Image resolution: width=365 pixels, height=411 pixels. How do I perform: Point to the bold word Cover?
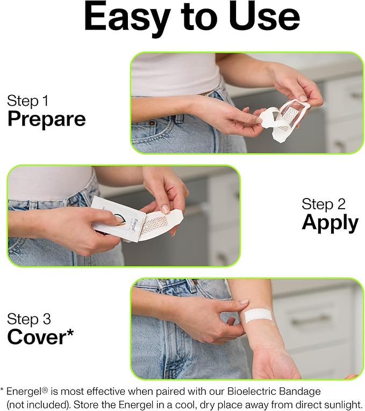pos(36,336)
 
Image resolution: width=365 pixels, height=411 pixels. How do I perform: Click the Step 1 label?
pos(28,101)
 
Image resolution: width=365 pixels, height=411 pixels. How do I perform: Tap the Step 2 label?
pos(324,204)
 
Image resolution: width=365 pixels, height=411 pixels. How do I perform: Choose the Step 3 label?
pos(29,319)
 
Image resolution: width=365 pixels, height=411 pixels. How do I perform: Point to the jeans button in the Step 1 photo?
pos(152,123)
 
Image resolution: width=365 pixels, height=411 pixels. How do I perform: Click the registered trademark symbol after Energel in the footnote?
pos(45,390)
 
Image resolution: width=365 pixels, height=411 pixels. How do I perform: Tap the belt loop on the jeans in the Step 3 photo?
pos(195,284)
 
